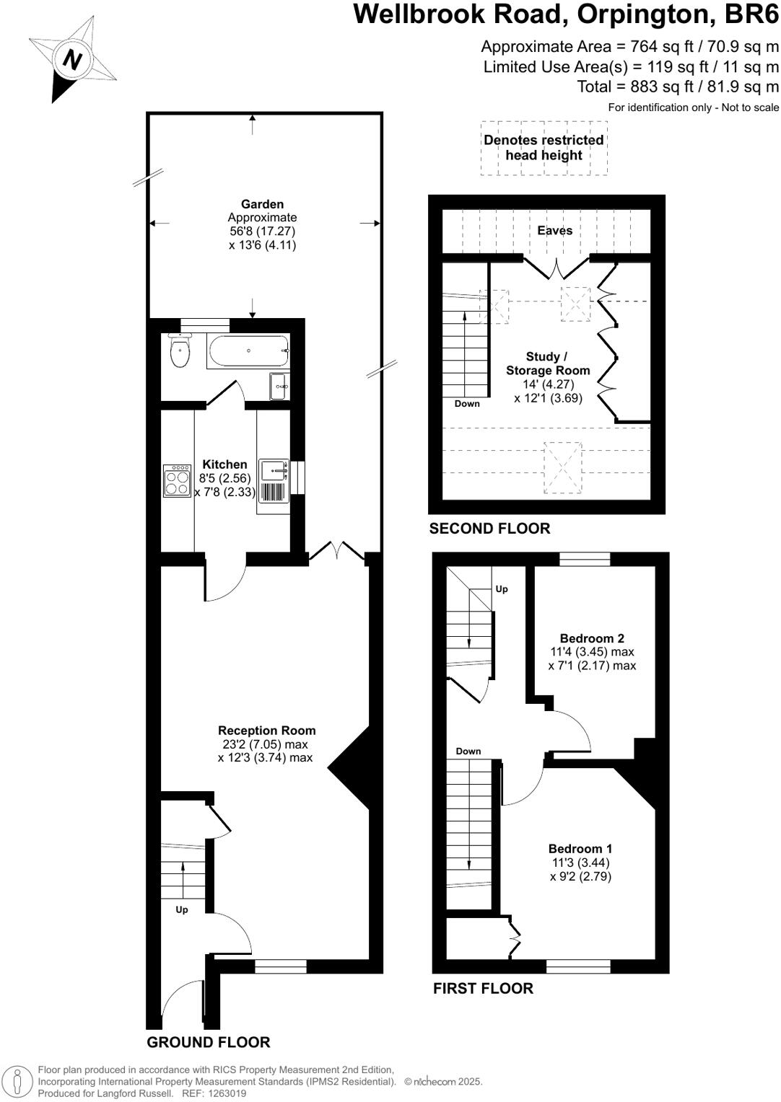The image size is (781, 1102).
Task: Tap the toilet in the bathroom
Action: point(179,351)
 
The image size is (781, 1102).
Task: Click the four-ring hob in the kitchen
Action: point(177,481)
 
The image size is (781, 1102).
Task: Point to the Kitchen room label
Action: point(224,464)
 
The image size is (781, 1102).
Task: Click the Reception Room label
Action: point(266,731)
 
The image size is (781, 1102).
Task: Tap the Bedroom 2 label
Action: point(592,638)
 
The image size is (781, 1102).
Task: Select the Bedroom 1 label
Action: point(580,849)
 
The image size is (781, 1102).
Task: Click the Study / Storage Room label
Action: point(547,363)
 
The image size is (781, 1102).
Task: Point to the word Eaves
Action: point(554,231)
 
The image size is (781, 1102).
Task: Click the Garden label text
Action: point(262,204)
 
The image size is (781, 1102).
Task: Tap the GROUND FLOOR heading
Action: point(208,1042)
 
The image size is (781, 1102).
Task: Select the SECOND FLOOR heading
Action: point(489,529)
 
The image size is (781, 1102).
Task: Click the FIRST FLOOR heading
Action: point(483,988)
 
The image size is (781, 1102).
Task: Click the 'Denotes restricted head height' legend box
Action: point(544,148)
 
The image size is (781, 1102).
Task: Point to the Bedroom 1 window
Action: point(578,966)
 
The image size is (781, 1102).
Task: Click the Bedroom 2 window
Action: point(585,559)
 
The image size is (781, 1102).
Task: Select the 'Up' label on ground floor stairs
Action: point(182,910)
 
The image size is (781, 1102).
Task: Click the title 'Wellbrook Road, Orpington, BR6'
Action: point(566,14)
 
